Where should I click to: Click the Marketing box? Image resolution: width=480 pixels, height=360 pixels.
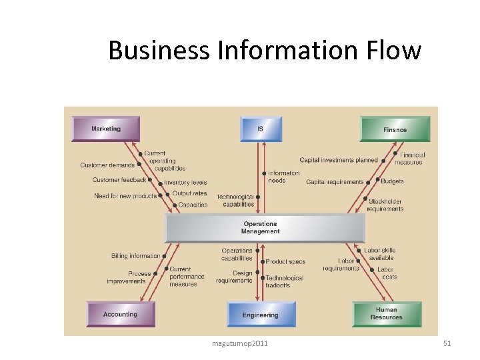coord(106,129)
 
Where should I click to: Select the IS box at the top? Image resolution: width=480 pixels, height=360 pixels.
coord(260,129)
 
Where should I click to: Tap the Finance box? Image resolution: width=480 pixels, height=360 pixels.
coord(395,129)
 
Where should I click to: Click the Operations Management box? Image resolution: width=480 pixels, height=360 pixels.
coord(265,228)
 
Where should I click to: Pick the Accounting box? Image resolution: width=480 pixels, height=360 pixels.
coord(120,314)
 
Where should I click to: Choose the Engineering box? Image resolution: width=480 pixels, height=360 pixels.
coord(260,315)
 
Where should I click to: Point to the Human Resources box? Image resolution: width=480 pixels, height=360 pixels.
coord(387,314)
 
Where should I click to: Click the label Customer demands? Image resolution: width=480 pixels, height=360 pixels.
coord(107,165)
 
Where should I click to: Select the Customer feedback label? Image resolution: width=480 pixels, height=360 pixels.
coord(119,180)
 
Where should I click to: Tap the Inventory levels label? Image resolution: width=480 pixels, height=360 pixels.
coord(185,182)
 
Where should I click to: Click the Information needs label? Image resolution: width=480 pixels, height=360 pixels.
coord(283,177)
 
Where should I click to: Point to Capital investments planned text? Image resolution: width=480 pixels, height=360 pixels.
coord(338,160)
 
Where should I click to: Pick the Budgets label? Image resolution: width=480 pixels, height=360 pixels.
coord(392,181)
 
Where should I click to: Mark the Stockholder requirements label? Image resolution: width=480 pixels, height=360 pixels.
coord(385,205)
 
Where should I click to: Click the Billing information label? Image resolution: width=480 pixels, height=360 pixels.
coord(136,255)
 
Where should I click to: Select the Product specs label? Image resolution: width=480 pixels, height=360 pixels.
coord(285,262)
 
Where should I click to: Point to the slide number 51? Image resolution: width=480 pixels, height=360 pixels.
coord(447,343)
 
